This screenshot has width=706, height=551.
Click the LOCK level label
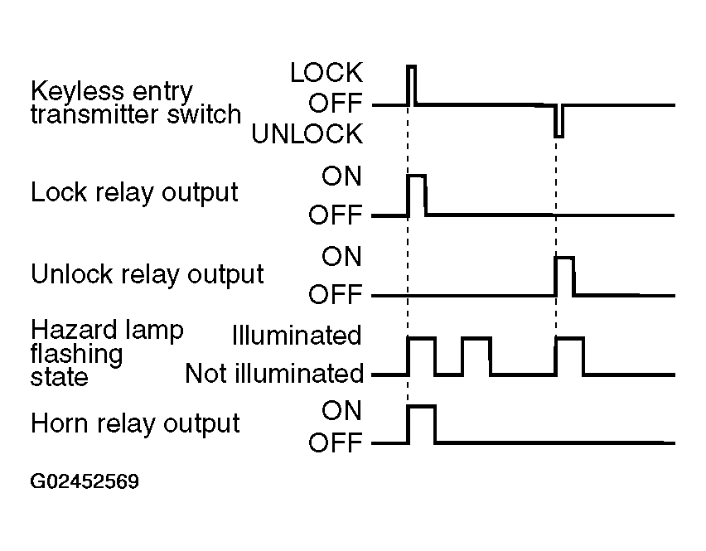(x=326, y=72)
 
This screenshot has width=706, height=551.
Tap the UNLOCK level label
(x=307, y=133)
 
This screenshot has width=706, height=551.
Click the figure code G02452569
(x=85, y=481)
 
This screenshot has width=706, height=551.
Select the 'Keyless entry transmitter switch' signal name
(x=136, y=103)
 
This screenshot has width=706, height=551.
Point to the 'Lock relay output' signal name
(x=134, y=193)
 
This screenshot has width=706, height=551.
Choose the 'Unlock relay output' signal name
(x=147, y=274)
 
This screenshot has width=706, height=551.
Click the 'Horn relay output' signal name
(x=135, y=424)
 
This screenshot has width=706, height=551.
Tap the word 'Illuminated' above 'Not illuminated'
(x=297, y=336)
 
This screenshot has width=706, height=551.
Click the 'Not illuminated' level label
(x=274, y=374)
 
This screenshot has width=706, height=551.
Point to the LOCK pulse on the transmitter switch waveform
(x=411, y=85)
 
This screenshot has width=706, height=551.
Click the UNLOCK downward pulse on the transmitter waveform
(x=559, y=121)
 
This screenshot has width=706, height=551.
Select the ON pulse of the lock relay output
(x=417, y=195)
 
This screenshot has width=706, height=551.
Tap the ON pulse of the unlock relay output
(x=564, y=276)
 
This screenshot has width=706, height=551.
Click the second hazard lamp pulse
(x=476, y=355)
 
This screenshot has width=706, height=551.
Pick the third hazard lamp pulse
(x=570, y=355)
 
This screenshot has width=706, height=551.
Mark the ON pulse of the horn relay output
(x=422, y=424)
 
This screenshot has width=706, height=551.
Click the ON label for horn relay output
(x=341, y=410)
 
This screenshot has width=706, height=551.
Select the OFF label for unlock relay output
(x=336, y=294)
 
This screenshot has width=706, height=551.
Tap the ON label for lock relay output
(x=341, y=176)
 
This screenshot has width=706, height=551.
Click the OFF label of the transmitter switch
(x=336, y=103)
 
